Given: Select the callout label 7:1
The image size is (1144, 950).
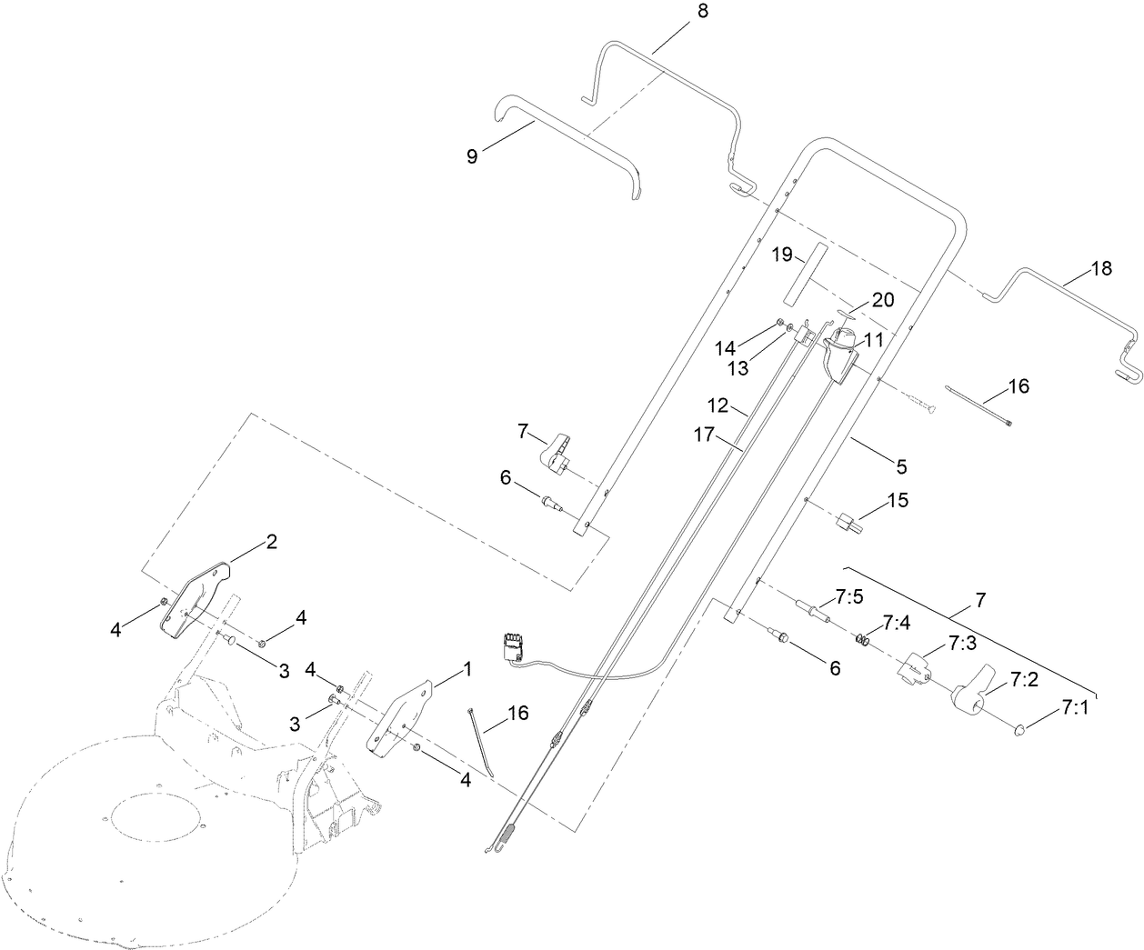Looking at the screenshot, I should tap(1075, 706).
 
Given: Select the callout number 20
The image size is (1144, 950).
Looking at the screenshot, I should tap(883, 300).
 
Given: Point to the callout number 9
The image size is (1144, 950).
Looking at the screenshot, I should tap(472, 155).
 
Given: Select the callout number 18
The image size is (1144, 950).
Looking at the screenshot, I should tap(1101, 269).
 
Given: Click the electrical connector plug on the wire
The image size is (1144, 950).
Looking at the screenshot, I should tap(514, 645).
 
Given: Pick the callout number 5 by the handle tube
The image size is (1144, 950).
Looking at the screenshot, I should tap(901, 466).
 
